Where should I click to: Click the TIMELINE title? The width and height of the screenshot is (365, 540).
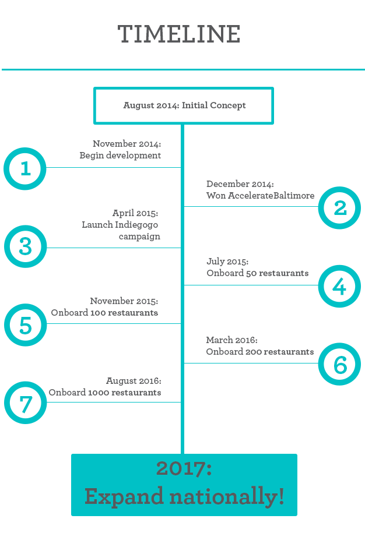[x=179, y=34]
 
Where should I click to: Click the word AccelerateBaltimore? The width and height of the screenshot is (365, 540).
[x=271, y=196]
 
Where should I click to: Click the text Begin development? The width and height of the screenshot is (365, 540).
[x=120, y=156]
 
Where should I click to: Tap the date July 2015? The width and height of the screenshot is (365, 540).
[x=227, y=262]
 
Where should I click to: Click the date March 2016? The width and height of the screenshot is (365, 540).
[x=232, y=340]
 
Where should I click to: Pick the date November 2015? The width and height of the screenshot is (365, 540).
[x=124, y=301]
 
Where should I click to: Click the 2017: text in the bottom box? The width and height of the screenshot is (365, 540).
[x=184, y=468]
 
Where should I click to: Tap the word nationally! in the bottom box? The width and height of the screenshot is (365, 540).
[x=227, y=497]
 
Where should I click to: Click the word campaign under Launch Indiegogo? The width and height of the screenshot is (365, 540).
[x=139, y=237]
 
